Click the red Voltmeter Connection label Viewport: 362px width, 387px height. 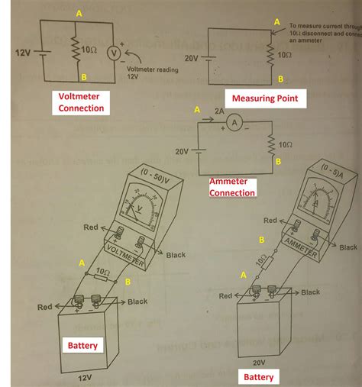pyautogui.click(x=81, y=102)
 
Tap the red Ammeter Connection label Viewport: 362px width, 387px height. pyautogui.click(x=231, y=187)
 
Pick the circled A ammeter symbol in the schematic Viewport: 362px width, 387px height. pyautogui.click(x=238, y=125)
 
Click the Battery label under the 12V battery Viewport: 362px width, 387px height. pyautogui.click(x=82, y=345)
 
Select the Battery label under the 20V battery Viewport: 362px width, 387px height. pyautogui.click(x=258, y=376)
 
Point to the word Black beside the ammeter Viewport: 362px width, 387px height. pyautogui.click(x=348, y=247)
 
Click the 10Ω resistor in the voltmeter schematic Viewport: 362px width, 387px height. pyautogui.click(x=77, y=51)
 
